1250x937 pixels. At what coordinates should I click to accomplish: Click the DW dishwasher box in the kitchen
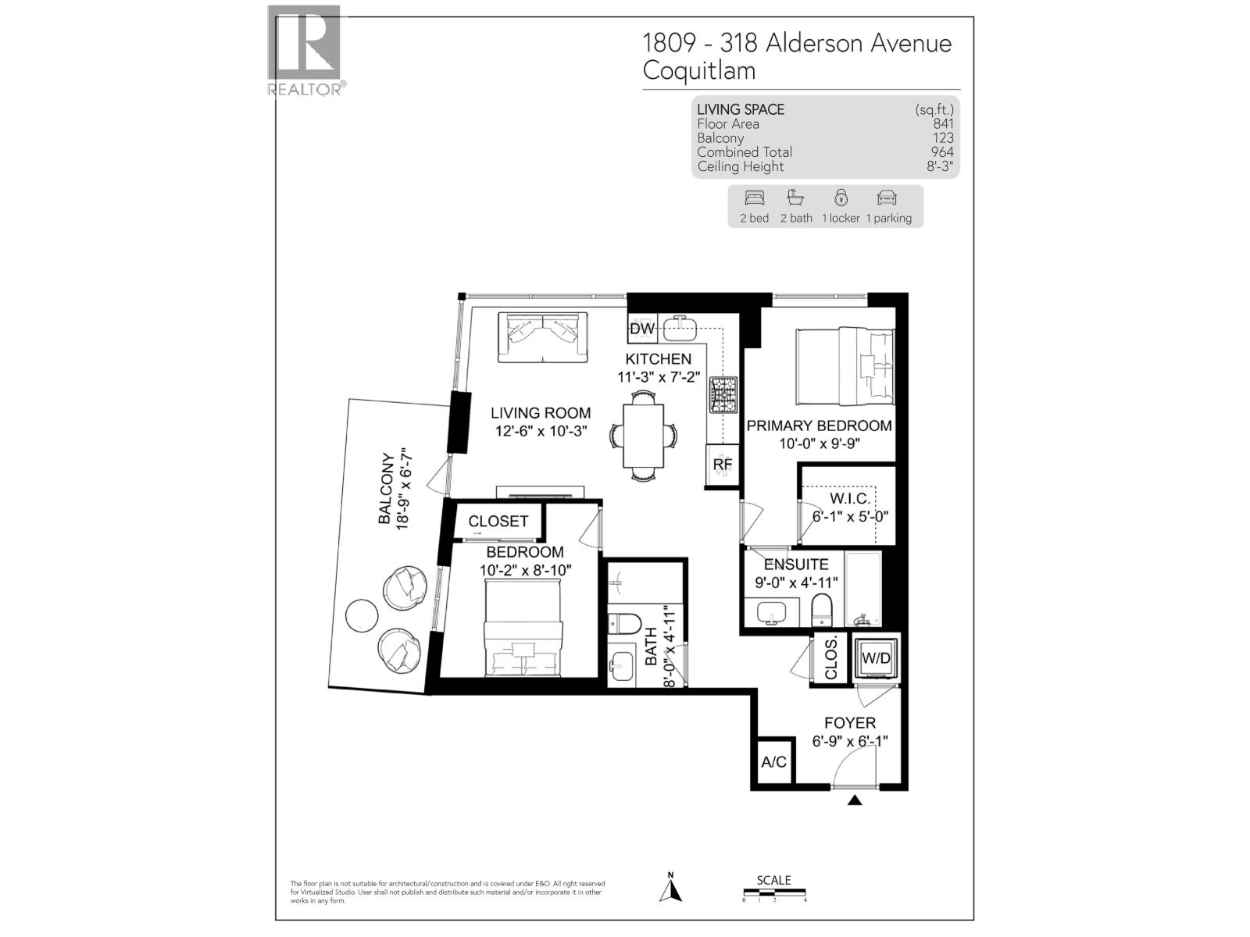[642, 329]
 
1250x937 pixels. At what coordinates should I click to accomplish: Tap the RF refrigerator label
[723, 465]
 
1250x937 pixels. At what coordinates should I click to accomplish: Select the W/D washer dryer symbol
[875, 658]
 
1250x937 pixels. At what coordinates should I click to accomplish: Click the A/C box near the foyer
[774, 761]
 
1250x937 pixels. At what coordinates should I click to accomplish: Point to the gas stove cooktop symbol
[723, 395]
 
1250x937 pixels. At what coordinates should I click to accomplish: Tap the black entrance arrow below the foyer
[855, 800]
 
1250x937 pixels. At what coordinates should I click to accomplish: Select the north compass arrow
[671, 890]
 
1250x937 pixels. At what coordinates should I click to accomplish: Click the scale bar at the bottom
[774, 895]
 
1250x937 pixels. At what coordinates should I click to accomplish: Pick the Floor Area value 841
[943, 123]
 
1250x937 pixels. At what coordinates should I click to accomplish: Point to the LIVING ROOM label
[540, 413]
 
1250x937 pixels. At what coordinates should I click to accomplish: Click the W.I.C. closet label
[849, 499]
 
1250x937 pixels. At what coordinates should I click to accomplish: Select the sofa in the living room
[543, 337]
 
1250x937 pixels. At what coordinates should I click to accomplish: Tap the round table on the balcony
[362, 615]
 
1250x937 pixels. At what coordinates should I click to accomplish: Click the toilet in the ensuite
[823, 609]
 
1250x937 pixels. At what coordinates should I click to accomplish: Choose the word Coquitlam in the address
[698, 70]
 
